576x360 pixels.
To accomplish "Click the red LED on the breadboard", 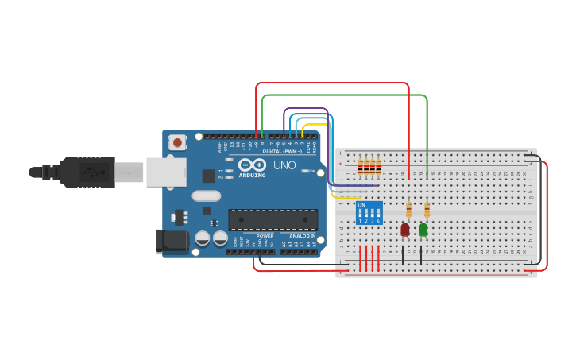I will [x=404, y=229].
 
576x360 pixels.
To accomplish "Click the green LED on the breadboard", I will [x=423, y=229].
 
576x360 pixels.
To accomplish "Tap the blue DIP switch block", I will [x=369, y=213].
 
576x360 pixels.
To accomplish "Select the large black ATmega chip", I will [x=273, y=220].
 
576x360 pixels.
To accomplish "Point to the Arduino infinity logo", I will [x=252, y=164].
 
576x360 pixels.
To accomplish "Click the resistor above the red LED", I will [x=408, y=210].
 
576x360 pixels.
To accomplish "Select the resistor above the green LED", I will [x=427, y=210].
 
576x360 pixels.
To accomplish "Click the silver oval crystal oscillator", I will [x=205, y=196].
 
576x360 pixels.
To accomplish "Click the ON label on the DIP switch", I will [x=362, y=205].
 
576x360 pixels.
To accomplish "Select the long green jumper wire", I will [x=346, y=95].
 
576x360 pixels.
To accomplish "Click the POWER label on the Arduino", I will [x=265, y=236].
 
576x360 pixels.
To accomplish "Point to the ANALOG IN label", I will [x=301, y=236].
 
